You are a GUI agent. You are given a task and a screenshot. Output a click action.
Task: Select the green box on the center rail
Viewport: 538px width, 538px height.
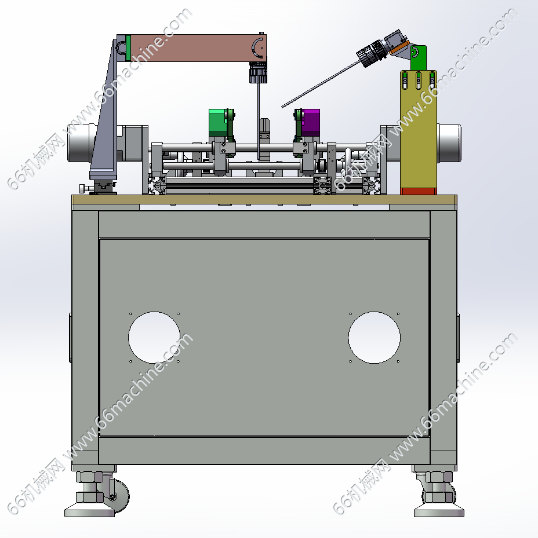[217, 121]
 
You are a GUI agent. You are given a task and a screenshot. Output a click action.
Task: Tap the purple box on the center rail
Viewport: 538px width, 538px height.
[311, 122]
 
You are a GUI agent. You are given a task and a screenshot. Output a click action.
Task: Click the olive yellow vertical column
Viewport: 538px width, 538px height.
[419, 130]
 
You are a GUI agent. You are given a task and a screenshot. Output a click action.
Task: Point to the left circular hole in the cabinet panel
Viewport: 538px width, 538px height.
[154, 337]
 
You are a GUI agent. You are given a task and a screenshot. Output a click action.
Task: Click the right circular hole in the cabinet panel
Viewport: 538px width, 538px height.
[374, 337]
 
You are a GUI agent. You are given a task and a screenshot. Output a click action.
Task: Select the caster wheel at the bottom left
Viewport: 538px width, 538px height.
[118, 496]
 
